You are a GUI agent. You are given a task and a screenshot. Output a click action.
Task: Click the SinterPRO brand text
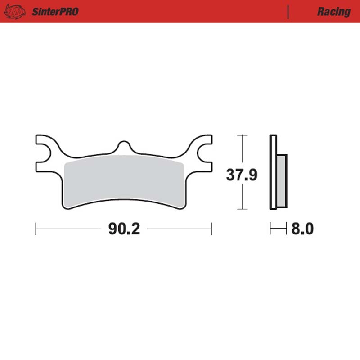coord(55,12)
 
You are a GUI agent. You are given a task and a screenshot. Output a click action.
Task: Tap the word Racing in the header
coord(334,12)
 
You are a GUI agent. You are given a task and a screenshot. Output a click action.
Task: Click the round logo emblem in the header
coord(15,12)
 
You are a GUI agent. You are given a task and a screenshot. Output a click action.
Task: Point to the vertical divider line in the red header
coord(288,12)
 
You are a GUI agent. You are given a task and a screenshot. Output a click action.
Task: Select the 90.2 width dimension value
coord(124,229)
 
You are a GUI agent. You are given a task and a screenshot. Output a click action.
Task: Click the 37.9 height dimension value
coord(242,175)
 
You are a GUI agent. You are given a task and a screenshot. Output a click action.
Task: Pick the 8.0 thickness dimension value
coord(302,229)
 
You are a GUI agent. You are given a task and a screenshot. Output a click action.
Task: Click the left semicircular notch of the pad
coord(46,153)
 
